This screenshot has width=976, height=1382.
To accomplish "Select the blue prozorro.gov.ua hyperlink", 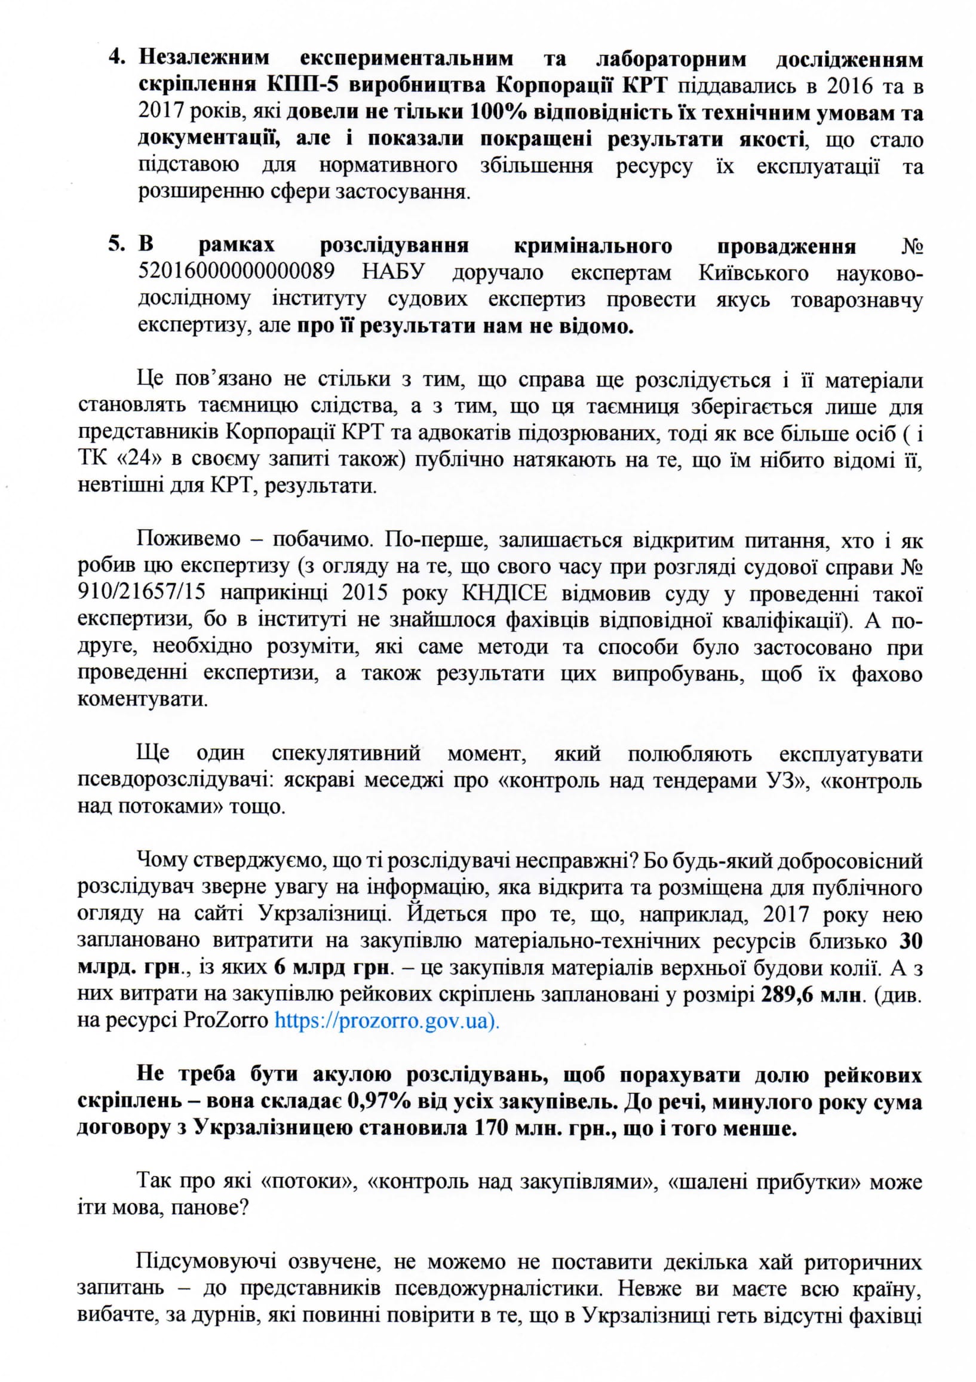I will (387, 1022).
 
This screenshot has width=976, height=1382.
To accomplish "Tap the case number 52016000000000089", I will (237, 273).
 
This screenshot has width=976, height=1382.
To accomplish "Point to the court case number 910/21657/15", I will (142, 594).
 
